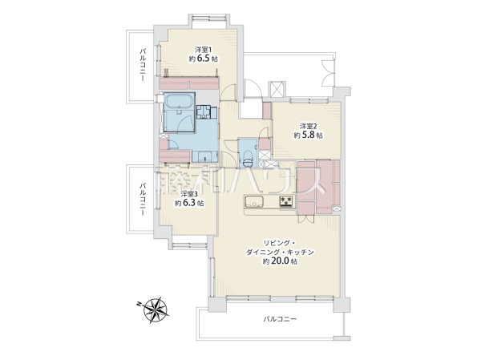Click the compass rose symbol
coord(156,310)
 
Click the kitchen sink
coord(254,201)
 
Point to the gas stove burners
coord(286,201)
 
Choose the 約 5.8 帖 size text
coord(309,135)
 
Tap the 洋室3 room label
coord(188,194)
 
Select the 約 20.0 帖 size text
coord(280,261)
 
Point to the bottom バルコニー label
coord(280,319)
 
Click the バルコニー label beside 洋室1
coord(143,64)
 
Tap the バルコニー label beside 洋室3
coord(143,199)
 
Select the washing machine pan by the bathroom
coord(204,112)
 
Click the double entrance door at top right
coord(328,73)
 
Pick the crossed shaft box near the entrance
coord(277,89)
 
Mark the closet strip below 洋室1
coord(189,83)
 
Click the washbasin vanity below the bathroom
coord(205,156)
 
